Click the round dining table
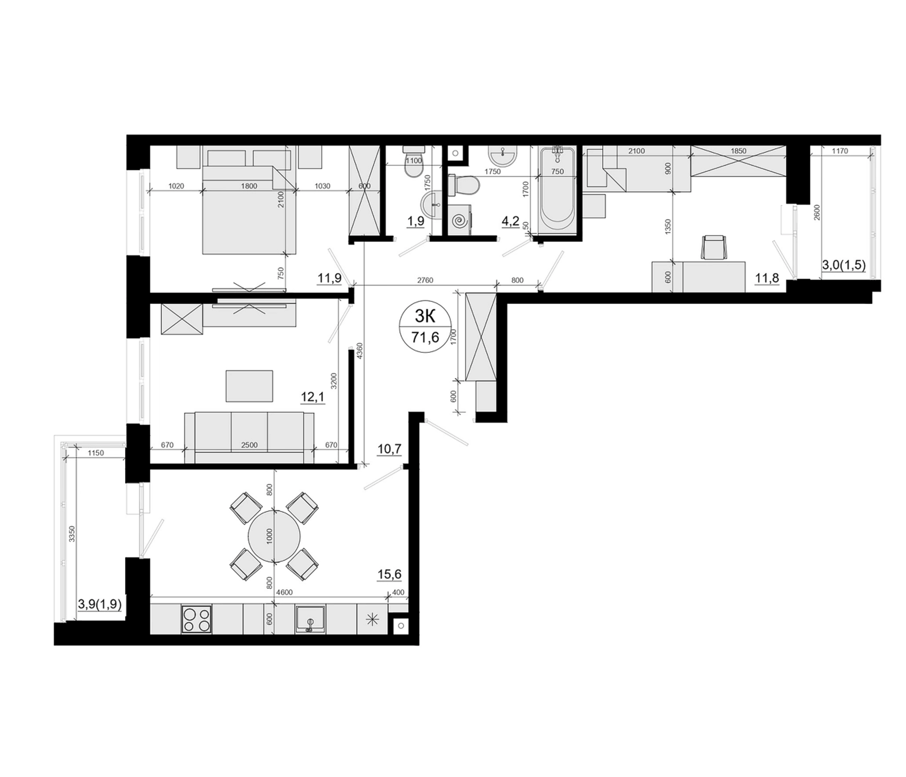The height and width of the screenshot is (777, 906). coord(274,537)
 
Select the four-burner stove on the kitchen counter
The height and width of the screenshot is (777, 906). coord(196,619)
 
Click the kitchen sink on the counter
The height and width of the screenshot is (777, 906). coord(311,619)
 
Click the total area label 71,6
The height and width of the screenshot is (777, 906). coord(425,337)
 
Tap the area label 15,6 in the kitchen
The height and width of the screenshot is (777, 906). coord(390,574)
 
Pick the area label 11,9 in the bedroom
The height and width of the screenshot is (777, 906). coord(329,278)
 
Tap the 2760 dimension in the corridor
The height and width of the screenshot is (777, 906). coord(425,281)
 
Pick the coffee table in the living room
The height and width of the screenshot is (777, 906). coord(249,386)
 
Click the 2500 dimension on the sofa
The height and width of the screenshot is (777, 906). coord(249,445)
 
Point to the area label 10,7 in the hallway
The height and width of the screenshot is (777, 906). coord(390,449)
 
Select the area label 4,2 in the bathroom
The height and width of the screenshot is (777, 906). coord(510,221)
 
